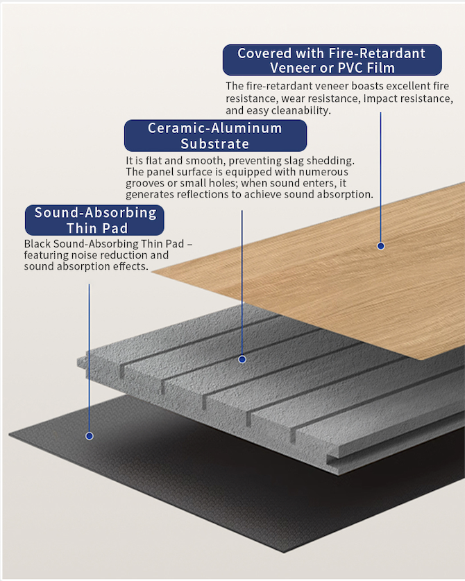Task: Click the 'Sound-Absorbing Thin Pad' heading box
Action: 95,220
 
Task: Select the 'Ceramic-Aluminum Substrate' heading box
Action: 215,136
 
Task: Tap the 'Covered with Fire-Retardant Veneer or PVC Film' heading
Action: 332,60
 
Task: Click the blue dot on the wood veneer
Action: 380,245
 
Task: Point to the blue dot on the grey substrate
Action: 242,359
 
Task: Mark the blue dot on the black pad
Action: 89,436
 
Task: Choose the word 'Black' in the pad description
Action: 37,244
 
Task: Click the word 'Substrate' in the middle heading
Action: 214,144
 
